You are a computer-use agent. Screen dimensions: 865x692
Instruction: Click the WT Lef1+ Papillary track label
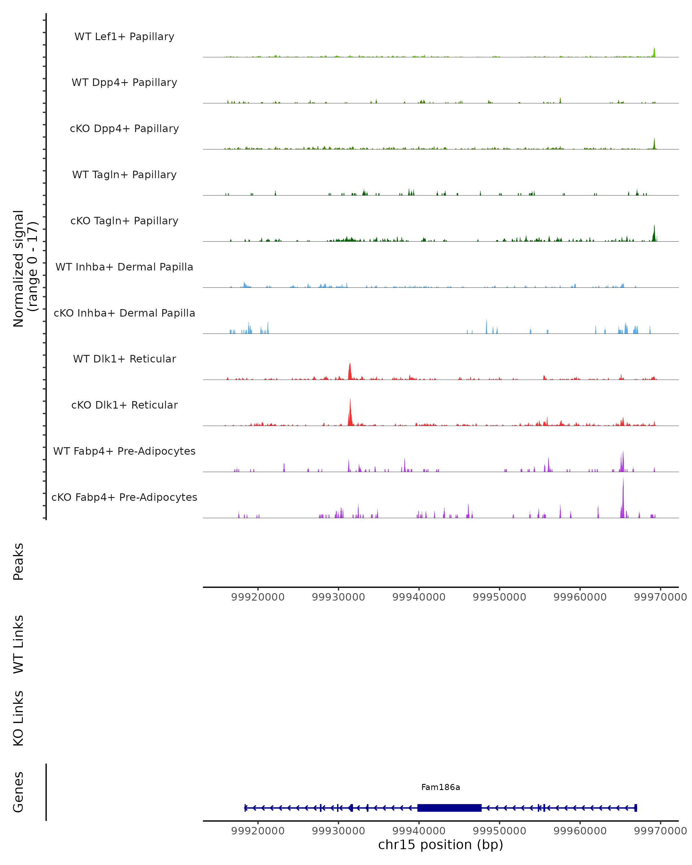(x=124, y=37)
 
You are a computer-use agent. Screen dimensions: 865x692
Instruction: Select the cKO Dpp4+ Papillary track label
(x=124, y=128)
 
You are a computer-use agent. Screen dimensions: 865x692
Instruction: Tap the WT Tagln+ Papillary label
(x=124, y=174)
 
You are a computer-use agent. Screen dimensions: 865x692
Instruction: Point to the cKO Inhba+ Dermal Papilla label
(x=124, y=313)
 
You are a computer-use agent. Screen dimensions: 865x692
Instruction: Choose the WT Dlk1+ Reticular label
(x=124, y=359)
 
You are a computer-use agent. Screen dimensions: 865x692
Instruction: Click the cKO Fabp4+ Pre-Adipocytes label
(x=124, y=497)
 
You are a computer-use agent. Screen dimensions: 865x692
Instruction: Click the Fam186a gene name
(x=441, y=787)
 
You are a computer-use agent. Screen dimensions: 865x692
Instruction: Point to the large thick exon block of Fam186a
(x=449, y=808)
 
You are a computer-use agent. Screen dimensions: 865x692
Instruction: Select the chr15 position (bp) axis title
(x=441, y=845)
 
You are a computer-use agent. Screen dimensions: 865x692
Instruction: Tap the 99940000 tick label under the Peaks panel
(x=419, y=597)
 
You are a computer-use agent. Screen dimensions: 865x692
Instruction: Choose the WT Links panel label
(x=18, y=644)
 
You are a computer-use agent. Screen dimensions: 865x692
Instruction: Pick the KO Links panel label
(x=18, y=718)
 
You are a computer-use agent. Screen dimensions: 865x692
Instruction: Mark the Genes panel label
(x=18, y=792)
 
